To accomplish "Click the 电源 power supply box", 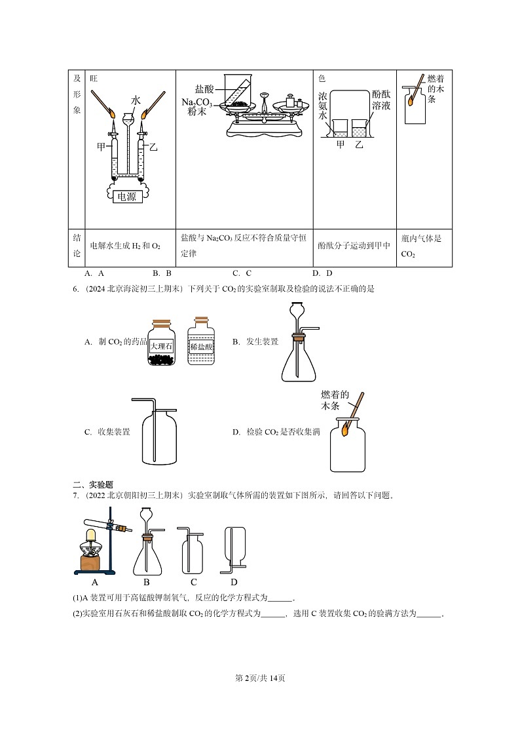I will (x=127, y=197).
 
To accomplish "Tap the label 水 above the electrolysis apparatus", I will (x=136, y=100).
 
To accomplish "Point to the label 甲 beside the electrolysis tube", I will (x=102, y=147).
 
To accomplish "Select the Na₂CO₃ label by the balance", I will (x=198, y=103).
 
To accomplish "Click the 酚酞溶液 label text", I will (x=381, y=100).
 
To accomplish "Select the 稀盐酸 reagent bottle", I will (x=202, y=345).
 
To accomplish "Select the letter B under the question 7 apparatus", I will (x=147, y=582).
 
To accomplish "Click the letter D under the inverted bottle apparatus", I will (x=234, y=582).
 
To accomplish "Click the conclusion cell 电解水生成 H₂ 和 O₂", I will (x=124, y=246).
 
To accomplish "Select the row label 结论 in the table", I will (x=77, y=246).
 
